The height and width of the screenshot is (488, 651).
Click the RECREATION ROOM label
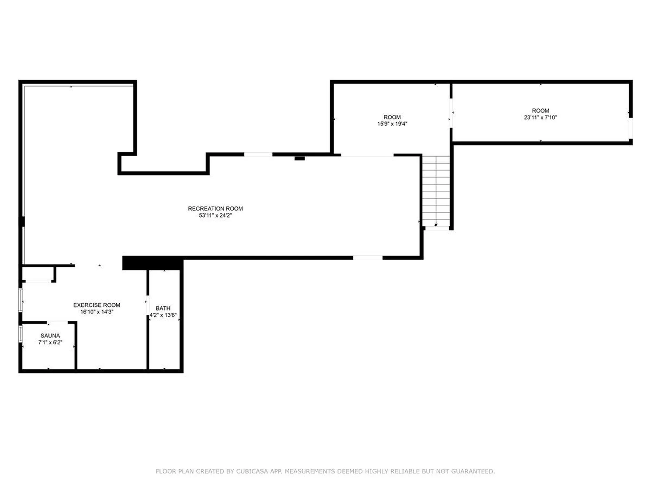tap(215, 208)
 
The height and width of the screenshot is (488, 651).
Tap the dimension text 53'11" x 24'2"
tap(215, 216)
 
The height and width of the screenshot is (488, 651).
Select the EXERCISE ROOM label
tap(97, 305)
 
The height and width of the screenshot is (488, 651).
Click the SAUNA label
tap(50, 335)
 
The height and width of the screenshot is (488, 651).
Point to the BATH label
tap(163, 308)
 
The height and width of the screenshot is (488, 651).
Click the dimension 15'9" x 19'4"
tap(392, 124)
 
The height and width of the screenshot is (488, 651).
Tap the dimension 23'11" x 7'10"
tap(540, 118)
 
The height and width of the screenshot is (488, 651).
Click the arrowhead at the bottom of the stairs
tap(436, 225)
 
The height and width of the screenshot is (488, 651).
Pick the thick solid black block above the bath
tap(153, 263)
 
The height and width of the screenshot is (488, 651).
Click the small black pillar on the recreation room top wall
tap(299, 158)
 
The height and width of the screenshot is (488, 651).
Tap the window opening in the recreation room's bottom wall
tap(368, 258)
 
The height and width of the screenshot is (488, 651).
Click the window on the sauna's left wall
tap(21, 334)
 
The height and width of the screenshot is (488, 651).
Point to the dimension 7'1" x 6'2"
tap(50, 343)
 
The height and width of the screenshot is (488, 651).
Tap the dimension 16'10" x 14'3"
tap(97, 312)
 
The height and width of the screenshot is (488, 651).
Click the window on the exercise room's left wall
tap(21, 300)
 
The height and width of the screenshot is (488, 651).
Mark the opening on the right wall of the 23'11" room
tap(631, 128)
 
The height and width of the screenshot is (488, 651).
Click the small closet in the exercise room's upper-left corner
tap(38, 274)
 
